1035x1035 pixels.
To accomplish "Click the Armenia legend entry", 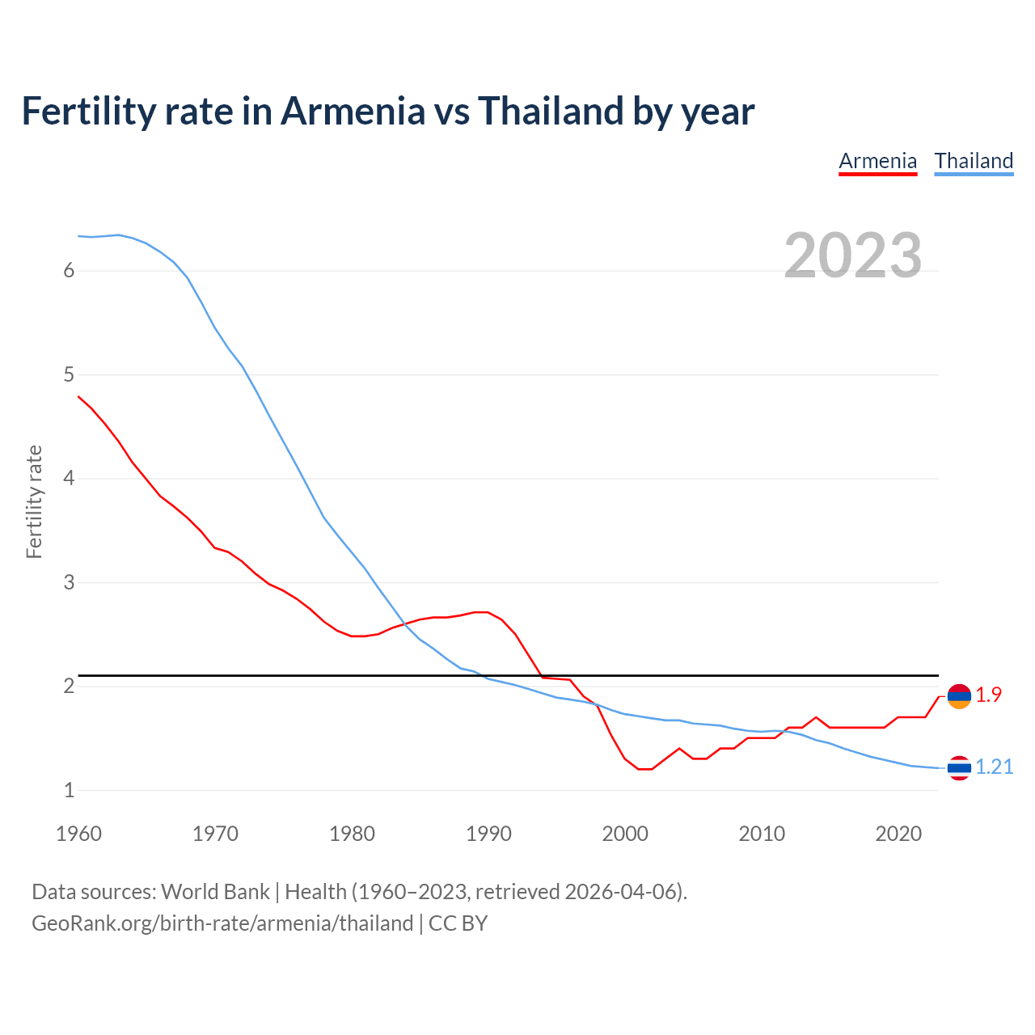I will click(x=877, y=161).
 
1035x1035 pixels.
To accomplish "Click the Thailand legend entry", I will click(x=974, y=161).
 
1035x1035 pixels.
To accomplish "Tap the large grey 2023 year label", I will click(x=853, y=256).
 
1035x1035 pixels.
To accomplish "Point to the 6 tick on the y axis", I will click(x=69, y=271).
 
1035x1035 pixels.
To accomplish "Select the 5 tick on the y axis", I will click(x=69, y=374).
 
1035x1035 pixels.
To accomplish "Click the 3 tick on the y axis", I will click(x=69, y=582).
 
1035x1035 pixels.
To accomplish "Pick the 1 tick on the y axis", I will click(x=69, y=790).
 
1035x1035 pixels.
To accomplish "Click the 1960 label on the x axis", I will click(x=78, y=834).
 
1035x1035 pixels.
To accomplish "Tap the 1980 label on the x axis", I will click(x=352, y=834).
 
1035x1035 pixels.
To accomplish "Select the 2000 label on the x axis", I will click(x=625, y=834).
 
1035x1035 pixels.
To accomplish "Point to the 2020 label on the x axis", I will click(x=898, y=834).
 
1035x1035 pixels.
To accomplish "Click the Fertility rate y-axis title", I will click(x=34, y=501).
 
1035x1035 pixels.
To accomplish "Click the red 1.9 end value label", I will click(x=988, y=695).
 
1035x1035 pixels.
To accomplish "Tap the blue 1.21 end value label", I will click(x=994, y=767).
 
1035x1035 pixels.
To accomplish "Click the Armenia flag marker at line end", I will click(x=959, y=696).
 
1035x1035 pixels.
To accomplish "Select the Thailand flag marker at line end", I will click(x=959, y=767).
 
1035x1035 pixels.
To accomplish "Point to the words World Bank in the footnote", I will click(x=215, y=892).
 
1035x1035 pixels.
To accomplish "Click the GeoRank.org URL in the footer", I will click(x=222, y=923).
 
